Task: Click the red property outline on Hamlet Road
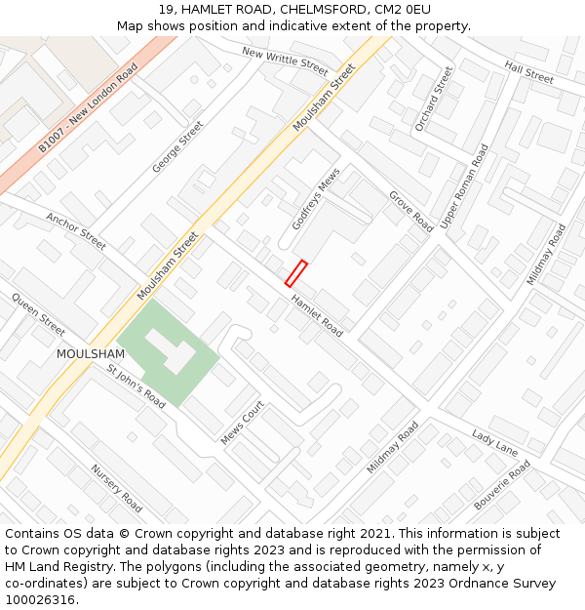[x=295, y=273]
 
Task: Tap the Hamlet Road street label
[x=317, y=314]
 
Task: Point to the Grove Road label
[x=410, y=211]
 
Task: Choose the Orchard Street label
[x=434, y=99]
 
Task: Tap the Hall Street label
[x=528, y=71]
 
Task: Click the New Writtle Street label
[x=285, y=61]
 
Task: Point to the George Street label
[x=177, y=147]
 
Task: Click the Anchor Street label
[x=75, y=232]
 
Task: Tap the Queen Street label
[x=38, y=313]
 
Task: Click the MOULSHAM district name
[x=90, y=353]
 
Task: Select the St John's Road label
[x=136, y=386]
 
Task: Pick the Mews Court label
[x=242, y=424]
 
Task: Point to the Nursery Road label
[x=116, y=488]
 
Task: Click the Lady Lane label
[x=494, y=442]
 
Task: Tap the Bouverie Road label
[x=502, y=486]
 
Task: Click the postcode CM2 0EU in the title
[x=405, y=10]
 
